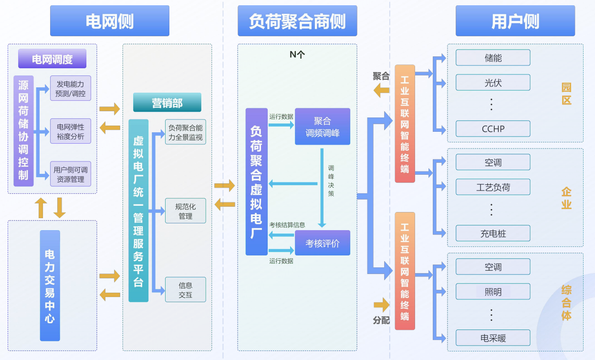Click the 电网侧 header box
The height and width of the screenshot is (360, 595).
(x=110, y=21)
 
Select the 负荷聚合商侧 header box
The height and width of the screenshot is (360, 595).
(x=297, y=21)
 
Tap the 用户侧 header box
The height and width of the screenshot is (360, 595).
(x=515, y=21)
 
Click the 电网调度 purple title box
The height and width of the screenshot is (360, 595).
(x=52, y=59)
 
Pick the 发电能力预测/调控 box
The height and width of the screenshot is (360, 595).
(x=70, y=88)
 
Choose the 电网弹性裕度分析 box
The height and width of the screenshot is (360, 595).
(x=70, y=131)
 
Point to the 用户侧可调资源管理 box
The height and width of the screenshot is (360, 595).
(x=70, y=174)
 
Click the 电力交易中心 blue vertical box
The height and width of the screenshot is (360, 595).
(x=50, y=286)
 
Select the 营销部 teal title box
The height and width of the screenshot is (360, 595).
(x=167, y=103)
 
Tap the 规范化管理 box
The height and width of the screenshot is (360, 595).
(x=185, y=211)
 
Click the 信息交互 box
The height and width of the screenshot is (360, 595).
(x=185, y=290)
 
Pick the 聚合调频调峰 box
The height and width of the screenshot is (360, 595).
(x=323, y=127)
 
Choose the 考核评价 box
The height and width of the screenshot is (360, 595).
(x=323, y=243)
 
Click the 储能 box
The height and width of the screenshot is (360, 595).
(x=493, y=58)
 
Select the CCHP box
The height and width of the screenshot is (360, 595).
(x=493, y=129)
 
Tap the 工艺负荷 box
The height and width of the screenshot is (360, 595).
(x=493, y=187)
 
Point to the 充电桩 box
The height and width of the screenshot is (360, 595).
(x=493, y=233)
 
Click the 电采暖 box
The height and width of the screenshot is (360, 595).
(x=493, y=338)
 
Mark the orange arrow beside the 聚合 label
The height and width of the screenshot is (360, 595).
(x=381, y=89)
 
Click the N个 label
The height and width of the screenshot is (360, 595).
(x=297, y=54)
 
